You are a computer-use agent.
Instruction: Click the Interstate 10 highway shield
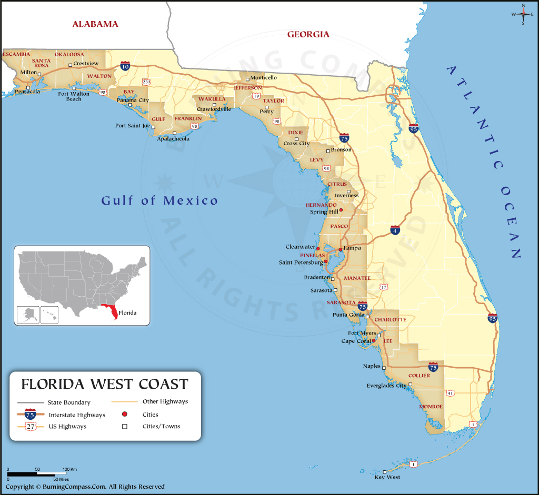[x=125, y=66]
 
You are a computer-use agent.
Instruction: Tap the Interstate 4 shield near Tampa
[x=395, y=230]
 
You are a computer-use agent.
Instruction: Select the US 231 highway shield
[x=146, y=82]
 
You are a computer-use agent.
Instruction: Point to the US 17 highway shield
[x=384, y=287]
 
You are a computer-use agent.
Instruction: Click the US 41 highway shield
[x=450, y=393]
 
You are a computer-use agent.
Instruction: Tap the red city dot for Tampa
[x=340, y=249]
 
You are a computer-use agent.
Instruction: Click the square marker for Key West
[x=385, y=471]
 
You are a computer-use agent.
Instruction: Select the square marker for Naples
[x=384, y=368]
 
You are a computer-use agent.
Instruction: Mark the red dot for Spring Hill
[x=341, y=210]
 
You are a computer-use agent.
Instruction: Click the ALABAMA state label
[x=95, y=24]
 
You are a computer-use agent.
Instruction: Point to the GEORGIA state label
[x=308, y=35]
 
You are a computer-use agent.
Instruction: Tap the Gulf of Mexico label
[x=159, y=200]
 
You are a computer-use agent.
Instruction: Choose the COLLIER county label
[x=419, y=376]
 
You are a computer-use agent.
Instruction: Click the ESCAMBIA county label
[x=16, y=54]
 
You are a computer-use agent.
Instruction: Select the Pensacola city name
[x=27, y=92]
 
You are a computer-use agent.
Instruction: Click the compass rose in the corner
[x=523, y=14]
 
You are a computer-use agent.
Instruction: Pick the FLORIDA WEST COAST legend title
[x=104, y=384]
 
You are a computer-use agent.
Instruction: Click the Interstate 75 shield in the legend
[x=31, y=415]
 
